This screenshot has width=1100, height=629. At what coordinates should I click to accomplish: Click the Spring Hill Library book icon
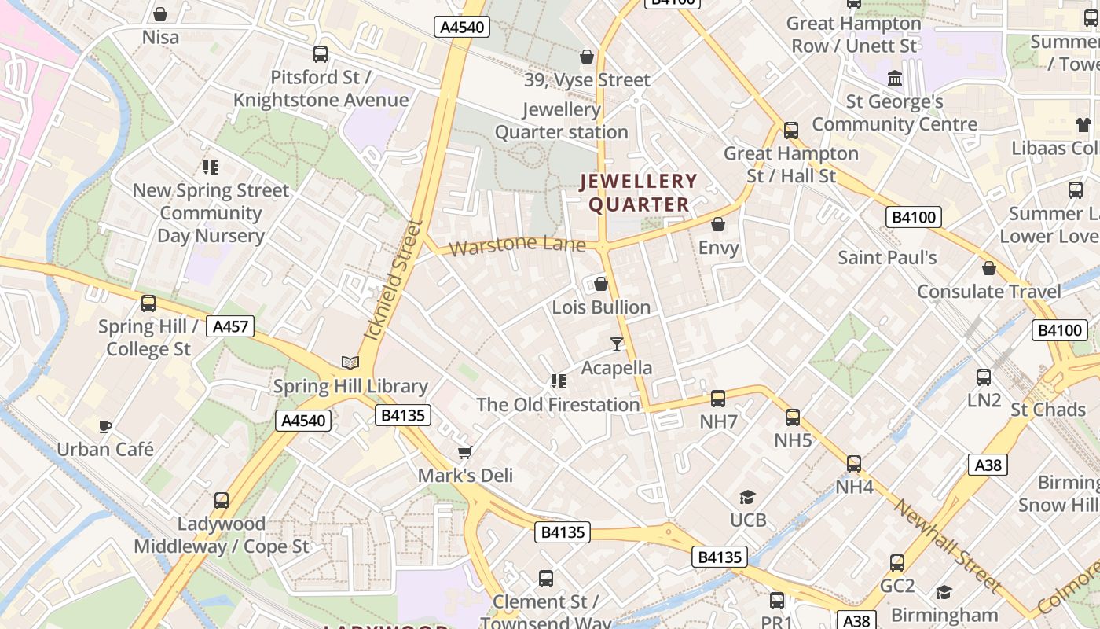[350, 362]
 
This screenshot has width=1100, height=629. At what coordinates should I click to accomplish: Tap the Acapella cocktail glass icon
[617, 344]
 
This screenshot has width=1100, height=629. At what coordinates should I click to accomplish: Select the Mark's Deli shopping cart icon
[464, 451]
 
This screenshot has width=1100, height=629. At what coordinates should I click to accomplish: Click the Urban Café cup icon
[105, 426]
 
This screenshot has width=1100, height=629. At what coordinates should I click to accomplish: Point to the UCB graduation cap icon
[747, 497]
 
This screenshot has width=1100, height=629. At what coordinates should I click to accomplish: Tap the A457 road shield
[230, 326]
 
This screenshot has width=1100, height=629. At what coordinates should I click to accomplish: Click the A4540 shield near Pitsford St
[462, 28]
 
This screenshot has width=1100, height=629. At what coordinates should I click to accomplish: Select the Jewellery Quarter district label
[639, 193]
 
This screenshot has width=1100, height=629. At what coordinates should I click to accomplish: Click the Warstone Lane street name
[518, 245]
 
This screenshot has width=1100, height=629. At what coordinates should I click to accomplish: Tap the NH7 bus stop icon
[718, 399]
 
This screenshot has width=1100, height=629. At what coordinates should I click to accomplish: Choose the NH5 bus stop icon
[793, 417]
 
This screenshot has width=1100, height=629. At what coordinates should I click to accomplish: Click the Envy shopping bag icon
[718, 225]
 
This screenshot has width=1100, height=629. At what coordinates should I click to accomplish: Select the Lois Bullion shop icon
[601, 284]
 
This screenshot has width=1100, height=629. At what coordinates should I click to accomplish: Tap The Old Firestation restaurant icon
[559, 381]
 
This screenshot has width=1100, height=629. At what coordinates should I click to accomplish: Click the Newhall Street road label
[948, 546]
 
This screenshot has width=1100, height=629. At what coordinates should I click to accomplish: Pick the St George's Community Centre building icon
[894, 79]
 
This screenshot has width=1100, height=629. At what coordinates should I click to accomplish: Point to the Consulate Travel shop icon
[989, 269]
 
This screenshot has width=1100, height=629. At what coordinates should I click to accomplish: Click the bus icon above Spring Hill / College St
[148, 303]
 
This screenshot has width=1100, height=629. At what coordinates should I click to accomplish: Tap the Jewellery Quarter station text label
[562, 120]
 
